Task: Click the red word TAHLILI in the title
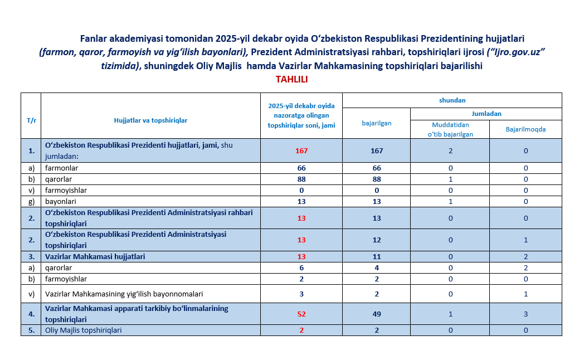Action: point(292,79)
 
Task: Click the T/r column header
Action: point(31,120)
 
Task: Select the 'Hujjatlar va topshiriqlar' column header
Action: point(150,120)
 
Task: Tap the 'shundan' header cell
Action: point(452,100)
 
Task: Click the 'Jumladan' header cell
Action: point(486,114)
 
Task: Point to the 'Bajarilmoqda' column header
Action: point(525,129)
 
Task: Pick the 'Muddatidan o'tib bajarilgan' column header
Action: point(450,129)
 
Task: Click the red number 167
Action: point(301,151)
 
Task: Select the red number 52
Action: point(301,314)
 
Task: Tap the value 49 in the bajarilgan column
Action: point(376,314)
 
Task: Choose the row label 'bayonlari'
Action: point(60,201)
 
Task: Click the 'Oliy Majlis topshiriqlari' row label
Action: point(84,330)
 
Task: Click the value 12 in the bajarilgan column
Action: point(376,240)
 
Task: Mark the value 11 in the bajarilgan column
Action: point(376,256)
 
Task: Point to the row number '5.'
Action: point(31,330)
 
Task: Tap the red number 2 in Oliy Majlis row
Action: point(301,330)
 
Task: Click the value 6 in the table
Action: point(301,267)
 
